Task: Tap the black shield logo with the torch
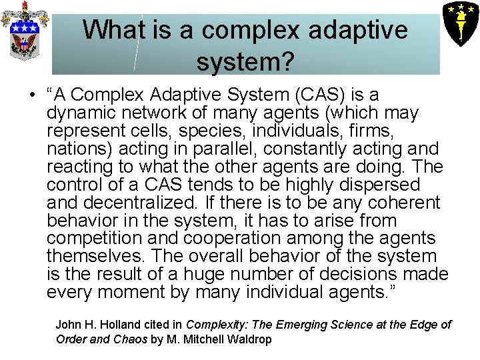click(460, 22)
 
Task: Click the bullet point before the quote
click(31, 95)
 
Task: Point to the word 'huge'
click(205, 274)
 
